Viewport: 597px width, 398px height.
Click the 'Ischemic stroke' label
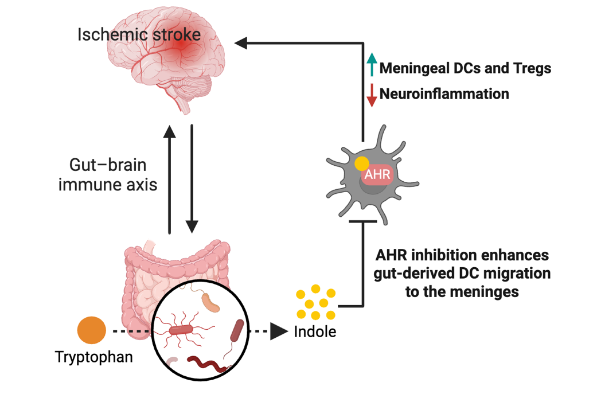tap(139, 34)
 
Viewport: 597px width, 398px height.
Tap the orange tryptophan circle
tap(91, 330)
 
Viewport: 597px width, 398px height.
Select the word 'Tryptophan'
tap(94, 358)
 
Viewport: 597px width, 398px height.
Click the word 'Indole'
tap(315, 331)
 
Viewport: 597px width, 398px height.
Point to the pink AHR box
tap(377, 174)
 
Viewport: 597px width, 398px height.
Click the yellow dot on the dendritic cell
tap(362, 164)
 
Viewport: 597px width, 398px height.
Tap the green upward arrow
tap(372, 64)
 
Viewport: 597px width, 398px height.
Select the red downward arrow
tap(372, 95)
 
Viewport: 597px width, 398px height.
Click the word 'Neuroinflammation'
tap(444, 93)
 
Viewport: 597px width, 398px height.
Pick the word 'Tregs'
tap(532, 68)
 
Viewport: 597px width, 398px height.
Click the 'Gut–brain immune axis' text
tap(108, 175)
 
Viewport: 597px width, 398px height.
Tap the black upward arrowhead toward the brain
tap(169, 131)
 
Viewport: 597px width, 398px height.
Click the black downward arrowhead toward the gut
tap(192, 226)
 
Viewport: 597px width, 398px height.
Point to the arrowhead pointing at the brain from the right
tap(241, 43)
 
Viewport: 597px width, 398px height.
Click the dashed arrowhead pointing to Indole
tap(279, 331)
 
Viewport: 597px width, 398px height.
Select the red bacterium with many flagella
tap(181, 329)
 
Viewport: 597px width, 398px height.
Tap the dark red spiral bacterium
tap(209, 365)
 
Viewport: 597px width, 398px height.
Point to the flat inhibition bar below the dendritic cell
tap(363, 221)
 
